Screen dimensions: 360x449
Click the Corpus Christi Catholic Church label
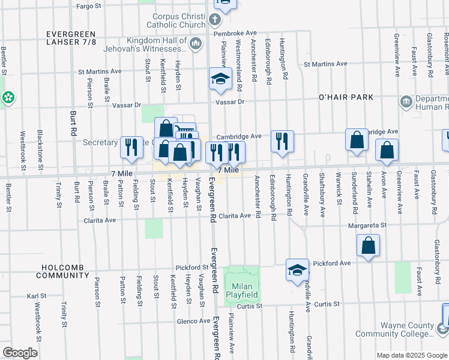[x=170, y=21]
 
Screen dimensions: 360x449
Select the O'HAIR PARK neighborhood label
[x=345, y=97]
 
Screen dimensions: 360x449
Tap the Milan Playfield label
[x=242, y=290]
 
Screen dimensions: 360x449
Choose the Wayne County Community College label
[x=394, y=329]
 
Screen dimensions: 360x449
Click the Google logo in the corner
[x=20, y=353]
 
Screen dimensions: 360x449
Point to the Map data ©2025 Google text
[x=411, y=355]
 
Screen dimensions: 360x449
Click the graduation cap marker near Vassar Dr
[x=220, y=79]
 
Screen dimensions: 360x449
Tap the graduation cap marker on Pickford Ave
[x=297, y=269]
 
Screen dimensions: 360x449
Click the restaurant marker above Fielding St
[x=131, y=147]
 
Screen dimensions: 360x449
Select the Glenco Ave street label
[x=193, y=321]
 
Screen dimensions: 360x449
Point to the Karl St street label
[x=37, y=296]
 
